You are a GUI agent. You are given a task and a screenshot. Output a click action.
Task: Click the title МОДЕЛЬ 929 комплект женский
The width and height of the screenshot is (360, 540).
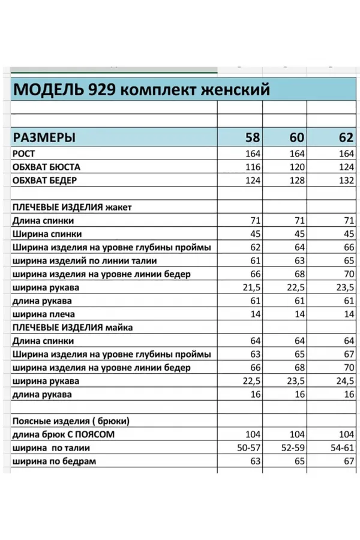click(x=141, y=89)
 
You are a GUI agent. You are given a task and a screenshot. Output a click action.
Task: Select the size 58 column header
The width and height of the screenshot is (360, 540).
click(x=253, y=137)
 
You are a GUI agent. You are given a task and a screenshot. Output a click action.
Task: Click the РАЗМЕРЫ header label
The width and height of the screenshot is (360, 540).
click(x=44, y=137)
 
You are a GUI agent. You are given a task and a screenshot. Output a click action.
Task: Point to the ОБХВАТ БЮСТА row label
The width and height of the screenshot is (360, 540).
click(x=46, y=167)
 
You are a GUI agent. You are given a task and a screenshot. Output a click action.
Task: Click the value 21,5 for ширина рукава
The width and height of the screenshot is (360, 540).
click(x=250, y=287)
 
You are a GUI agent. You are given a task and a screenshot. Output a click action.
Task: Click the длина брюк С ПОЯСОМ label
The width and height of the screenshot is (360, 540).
click(x=63, y=434)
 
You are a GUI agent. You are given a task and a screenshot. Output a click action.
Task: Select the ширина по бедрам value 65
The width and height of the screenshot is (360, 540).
click(x=298, y=461)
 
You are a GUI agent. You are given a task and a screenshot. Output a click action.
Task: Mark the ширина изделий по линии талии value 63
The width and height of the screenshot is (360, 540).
click(x=298, y=261)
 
